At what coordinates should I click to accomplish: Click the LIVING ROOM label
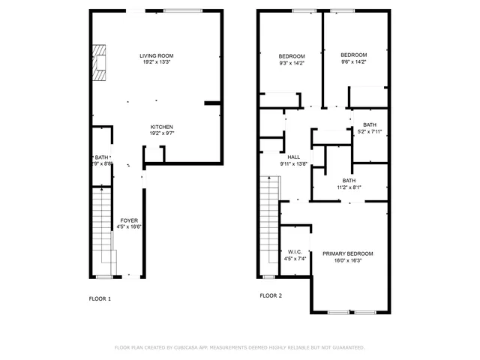click(156, 55)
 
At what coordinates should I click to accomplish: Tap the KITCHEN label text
click(161, 127)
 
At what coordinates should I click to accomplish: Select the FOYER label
click(129, 220)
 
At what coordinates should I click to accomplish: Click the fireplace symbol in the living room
click(99, 63)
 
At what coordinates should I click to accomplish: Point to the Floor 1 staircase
click(102, 225)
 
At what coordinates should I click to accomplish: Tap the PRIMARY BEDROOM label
click(347, 254)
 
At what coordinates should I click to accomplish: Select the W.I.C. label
click(294, 253)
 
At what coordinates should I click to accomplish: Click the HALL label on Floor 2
click(283, 157)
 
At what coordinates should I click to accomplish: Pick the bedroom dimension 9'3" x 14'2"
click(292, 64)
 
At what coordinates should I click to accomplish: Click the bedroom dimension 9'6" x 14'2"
click(353, 62)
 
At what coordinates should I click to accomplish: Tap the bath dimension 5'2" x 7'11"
click(370, 132)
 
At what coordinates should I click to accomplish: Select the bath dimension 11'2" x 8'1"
click(349, 187)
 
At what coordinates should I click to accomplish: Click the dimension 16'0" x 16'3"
click(347, 261)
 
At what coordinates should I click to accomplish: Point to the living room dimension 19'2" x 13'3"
click(156, 62)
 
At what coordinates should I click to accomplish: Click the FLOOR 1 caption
click(100, 298)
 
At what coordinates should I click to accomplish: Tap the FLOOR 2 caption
click(271, 295)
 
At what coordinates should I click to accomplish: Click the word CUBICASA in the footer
click(189, 347)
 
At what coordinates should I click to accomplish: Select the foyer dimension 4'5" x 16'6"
click(129, 227)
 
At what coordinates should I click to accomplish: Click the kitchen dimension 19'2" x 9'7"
click(161, 133)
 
